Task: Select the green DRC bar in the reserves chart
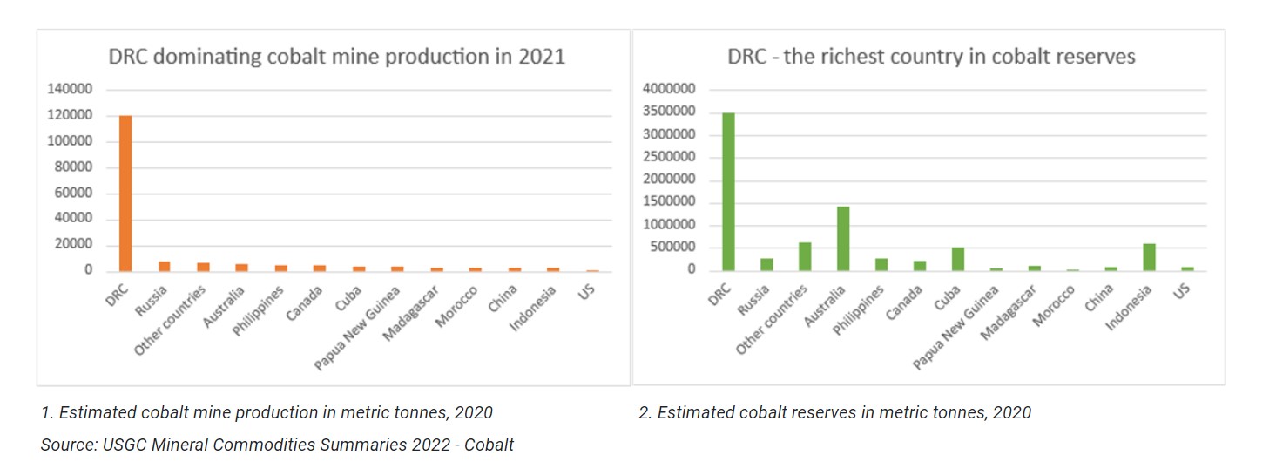[728, 192]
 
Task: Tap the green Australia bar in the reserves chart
[843, 238]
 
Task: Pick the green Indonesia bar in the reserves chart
[1150, 257]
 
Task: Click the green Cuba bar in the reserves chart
[957, 259]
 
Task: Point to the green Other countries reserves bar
[805, 256]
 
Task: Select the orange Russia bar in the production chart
[164, 266]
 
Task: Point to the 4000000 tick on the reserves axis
[668, 89]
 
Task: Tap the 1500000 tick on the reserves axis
[668, 202]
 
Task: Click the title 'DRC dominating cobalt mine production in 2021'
[336, 58]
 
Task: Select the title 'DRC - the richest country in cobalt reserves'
[931, 58]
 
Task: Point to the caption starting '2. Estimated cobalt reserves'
[834, 413]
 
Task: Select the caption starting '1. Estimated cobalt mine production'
[267, 413]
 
